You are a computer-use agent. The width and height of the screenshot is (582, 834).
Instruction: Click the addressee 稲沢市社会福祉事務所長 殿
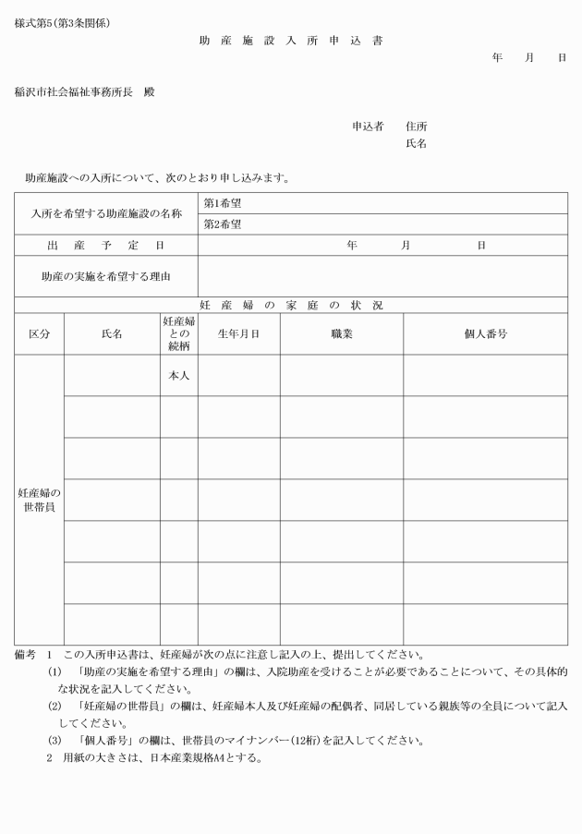85,92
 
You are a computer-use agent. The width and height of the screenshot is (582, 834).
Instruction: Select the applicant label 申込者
368,127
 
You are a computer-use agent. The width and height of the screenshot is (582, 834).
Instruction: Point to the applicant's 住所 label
417,127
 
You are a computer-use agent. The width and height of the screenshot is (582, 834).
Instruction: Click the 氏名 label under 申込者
417,144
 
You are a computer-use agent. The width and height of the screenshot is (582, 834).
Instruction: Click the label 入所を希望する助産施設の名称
106,214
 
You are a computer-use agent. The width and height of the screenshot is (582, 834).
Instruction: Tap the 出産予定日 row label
106,246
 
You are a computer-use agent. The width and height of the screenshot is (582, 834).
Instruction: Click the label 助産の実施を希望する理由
106,276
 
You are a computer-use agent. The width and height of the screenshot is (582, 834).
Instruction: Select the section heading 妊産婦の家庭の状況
291,305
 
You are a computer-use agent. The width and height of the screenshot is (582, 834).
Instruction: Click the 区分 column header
39,333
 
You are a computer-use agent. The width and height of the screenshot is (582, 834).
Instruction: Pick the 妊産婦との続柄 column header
178,333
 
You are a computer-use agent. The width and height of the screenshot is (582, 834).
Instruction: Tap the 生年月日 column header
238,333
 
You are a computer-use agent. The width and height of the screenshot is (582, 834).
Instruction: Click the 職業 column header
342,333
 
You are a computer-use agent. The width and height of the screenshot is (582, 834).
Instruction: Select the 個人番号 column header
485,333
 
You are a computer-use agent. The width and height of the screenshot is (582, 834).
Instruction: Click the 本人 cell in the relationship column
178,376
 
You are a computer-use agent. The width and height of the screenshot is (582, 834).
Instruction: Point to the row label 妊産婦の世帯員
39,500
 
